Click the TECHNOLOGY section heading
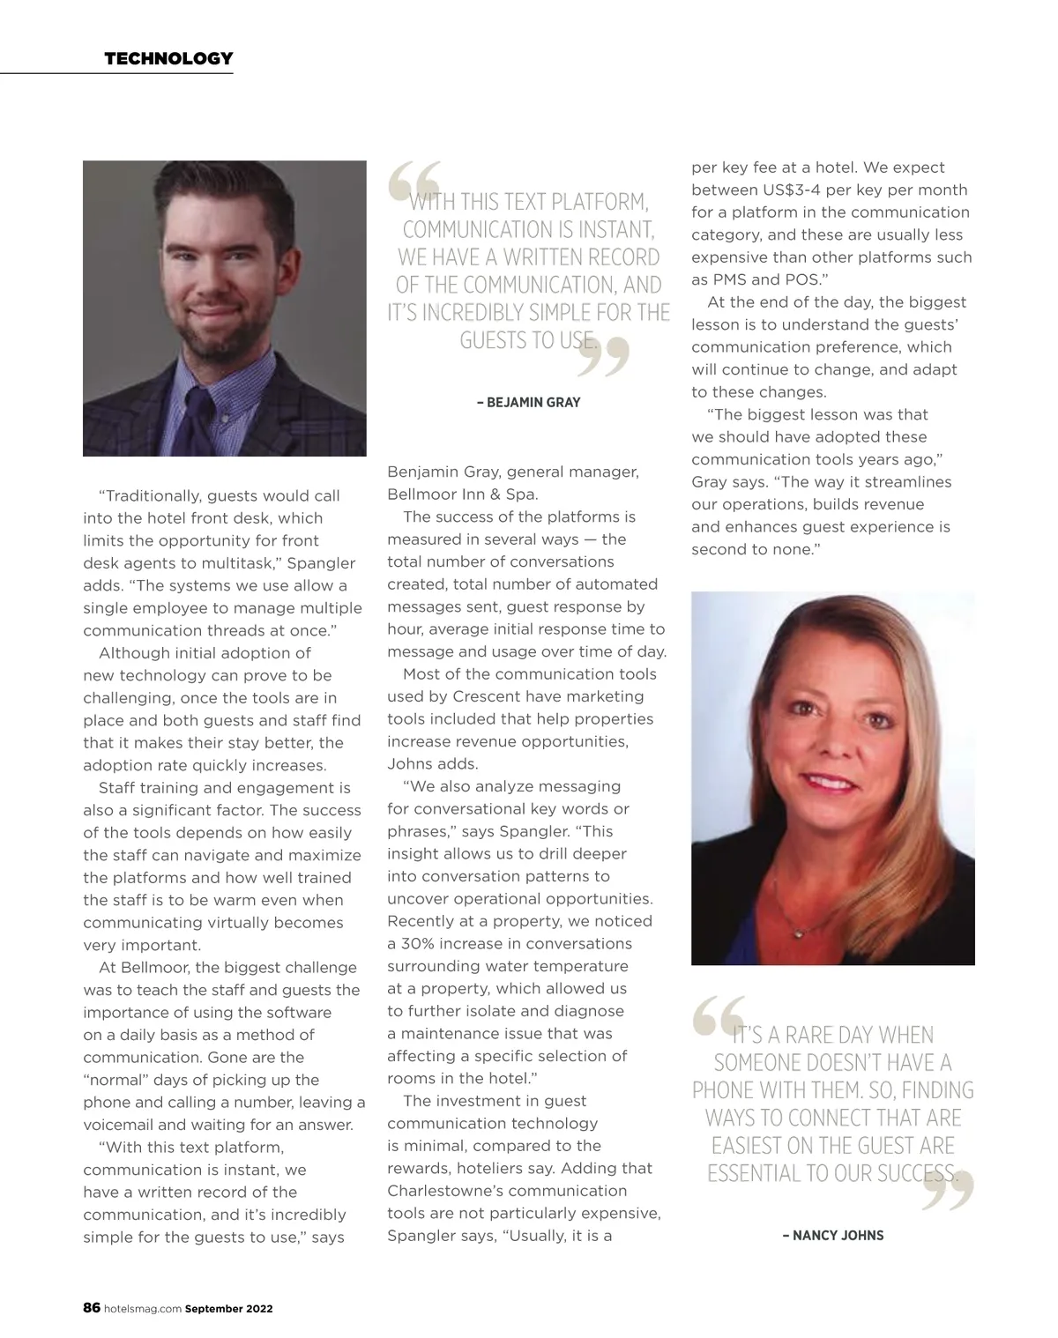(168, 59)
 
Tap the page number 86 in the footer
(92, 1308)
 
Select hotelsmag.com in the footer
(142, 1309)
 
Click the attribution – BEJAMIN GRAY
(528, 403)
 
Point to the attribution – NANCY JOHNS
(833, 1236)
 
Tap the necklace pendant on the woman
(799, 931)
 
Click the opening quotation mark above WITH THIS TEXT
(413, 182)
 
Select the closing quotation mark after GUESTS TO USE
(605, 355)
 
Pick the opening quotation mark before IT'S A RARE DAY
(718, 1017)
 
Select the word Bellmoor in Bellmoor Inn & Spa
(422, 494)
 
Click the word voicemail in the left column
(118, 1125)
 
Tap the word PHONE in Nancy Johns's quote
(721, 1090)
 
